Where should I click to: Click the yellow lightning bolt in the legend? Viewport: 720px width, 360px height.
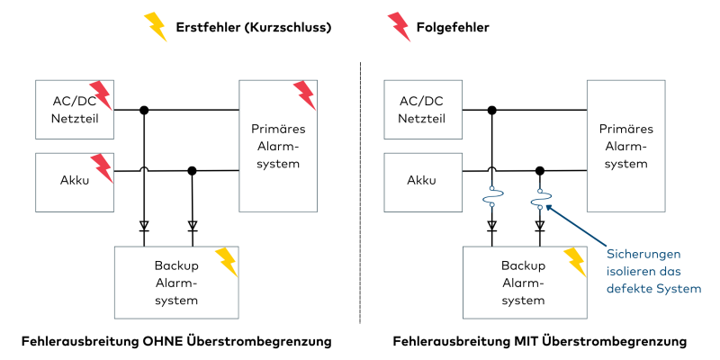[x=157, y=27]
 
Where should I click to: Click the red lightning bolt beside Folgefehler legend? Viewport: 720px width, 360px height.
[x=397, y=27]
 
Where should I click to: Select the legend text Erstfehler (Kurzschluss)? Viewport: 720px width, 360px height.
[x=255, y=27]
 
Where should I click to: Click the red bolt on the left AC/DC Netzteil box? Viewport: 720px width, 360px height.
[x=102, y=95]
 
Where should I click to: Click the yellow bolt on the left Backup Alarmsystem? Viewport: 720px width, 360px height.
[x=226, y=261]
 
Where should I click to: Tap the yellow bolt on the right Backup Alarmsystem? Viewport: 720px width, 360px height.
[x=574, y=261]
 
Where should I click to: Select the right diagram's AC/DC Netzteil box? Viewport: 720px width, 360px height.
[x=422, y=109]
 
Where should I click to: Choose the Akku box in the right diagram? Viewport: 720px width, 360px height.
[x=422, y=181]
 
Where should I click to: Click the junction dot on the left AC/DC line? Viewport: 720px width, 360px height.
[x=144, y=111]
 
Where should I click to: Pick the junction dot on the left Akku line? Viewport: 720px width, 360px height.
[x=192, y=170]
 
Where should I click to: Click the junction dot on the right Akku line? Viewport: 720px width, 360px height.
[x=540, y=170]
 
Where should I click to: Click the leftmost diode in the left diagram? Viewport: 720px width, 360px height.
[x=144, y=226]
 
